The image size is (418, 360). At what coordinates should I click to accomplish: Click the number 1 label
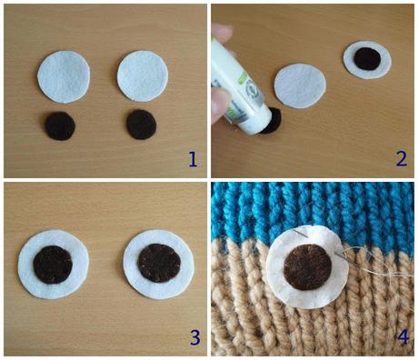(193, 159)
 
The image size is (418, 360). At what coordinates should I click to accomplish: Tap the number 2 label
(401, 159)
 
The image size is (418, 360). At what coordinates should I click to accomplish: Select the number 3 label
(195, 337)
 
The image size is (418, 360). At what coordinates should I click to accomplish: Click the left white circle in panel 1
(64, 76)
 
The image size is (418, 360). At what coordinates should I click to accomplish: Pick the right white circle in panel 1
(143, 76)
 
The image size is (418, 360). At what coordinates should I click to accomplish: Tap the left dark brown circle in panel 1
(60, 126)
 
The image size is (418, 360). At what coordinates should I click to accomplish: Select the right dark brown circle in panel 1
(142, 125)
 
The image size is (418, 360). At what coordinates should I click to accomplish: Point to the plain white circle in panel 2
(300, 86)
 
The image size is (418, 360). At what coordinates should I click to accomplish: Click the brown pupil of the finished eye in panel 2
(367, 59)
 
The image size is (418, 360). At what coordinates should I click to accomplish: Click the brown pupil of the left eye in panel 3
(53, 265)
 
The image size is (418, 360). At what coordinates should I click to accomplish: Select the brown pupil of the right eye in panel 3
(159, 263)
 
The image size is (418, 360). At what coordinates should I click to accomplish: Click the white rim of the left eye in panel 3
(25, 265)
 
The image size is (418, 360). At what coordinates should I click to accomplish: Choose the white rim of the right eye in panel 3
(129, 265)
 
